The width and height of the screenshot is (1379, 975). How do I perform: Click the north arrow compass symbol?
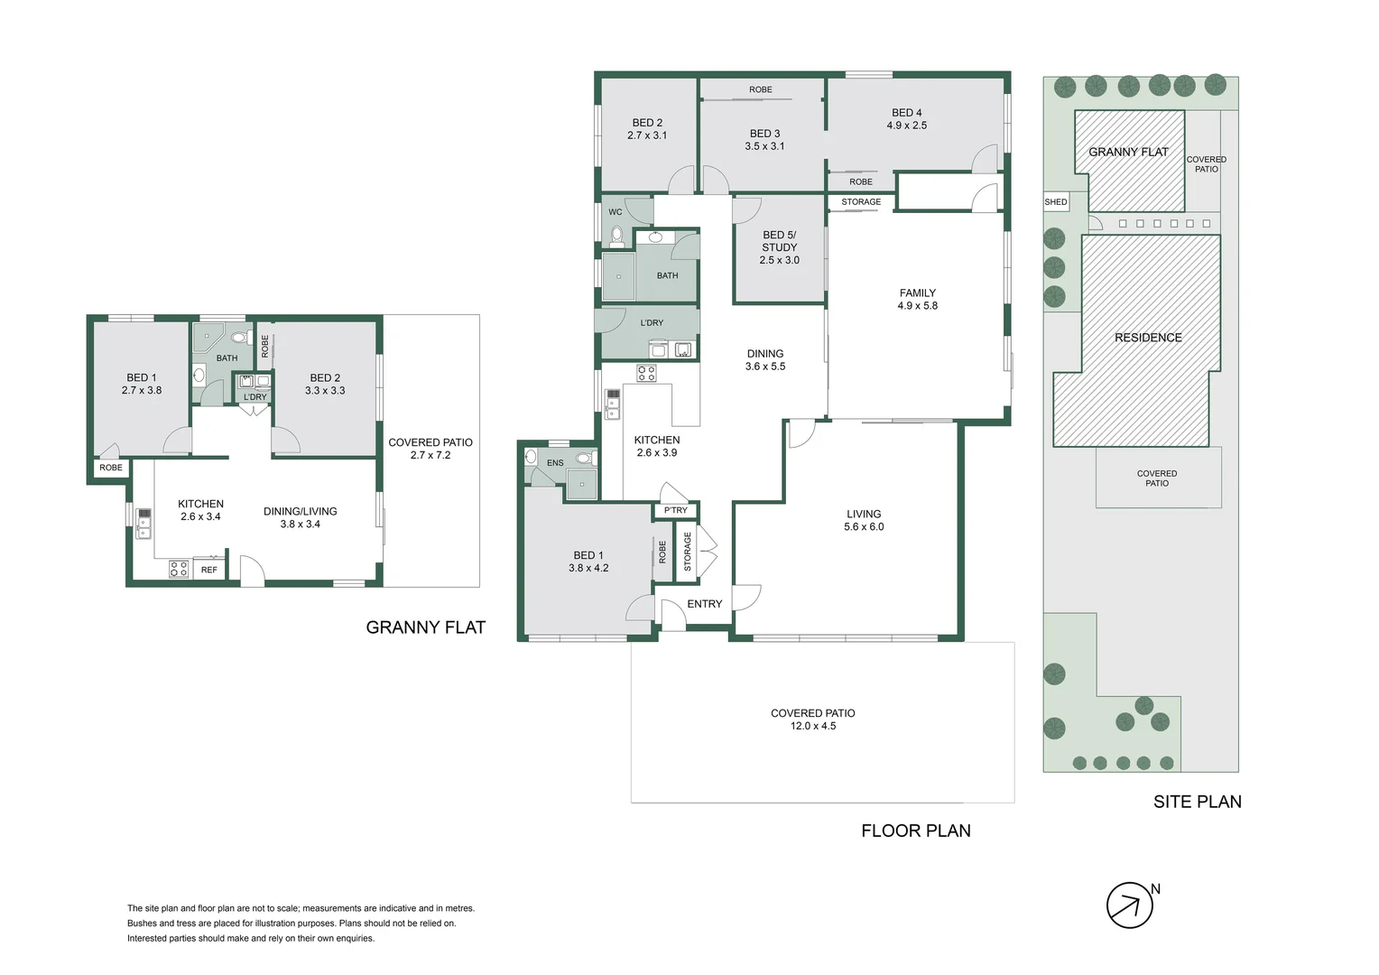1129,905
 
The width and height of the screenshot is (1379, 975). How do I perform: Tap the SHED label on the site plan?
1056,202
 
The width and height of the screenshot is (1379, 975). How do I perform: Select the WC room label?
615,212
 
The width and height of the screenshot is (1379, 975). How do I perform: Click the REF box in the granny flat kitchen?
209,570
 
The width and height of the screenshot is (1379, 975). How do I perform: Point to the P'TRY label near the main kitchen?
675,510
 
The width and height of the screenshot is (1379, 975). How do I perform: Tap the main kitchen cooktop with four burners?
646,373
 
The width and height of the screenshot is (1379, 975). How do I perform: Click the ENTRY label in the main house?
704,604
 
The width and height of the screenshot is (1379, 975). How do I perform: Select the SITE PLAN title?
1198,802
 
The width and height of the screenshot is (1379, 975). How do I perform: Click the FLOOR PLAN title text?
916,831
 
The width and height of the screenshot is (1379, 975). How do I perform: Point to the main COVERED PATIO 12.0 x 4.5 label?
812,720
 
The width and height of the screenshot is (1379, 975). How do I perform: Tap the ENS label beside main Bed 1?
555,462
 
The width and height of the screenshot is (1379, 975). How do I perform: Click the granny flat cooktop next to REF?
179,569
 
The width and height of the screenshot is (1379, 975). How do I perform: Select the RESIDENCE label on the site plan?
1148,338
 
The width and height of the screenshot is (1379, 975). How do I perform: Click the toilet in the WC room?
616,237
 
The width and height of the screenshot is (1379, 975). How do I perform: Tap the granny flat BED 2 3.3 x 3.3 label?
325,385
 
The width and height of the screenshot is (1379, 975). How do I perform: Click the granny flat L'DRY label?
255,396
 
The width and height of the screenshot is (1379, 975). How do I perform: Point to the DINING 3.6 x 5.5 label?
765,359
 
